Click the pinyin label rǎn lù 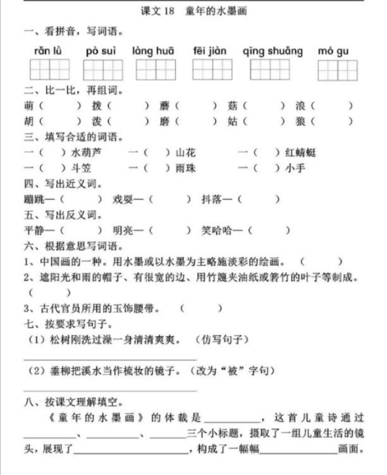[46, 51]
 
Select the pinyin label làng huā [154, 51]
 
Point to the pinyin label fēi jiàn [209, 51]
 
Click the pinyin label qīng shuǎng [273, 51]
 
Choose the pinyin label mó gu [333, 51]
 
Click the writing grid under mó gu [338, 69]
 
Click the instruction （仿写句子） [221, 339]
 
